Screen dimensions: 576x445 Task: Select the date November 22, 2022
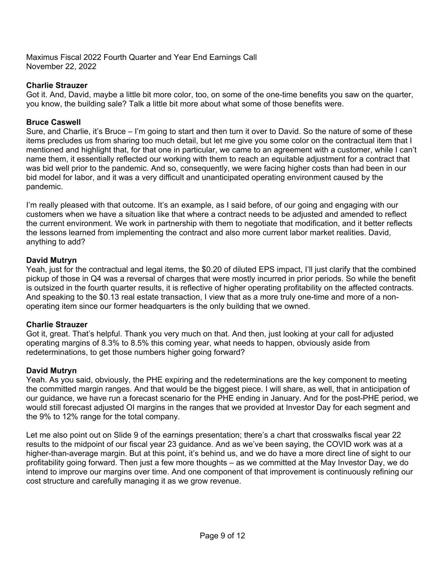click(x=61, y=67)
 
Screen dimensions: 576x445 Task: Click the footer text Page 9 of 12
click(x=222, y=536)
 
